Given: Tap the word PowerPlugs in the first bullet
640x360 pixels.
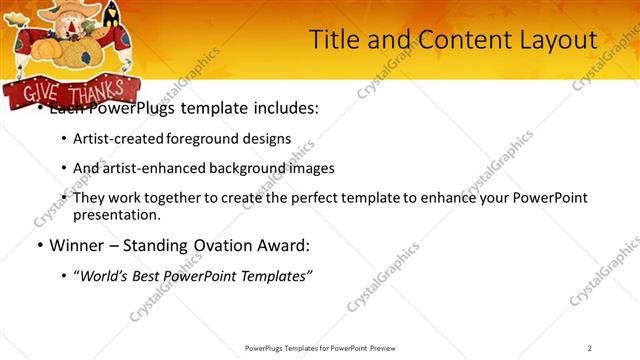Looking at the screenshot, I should coord(127,108).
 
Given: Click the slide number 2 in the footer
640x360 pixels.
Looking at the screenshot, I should coord(590,348).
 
